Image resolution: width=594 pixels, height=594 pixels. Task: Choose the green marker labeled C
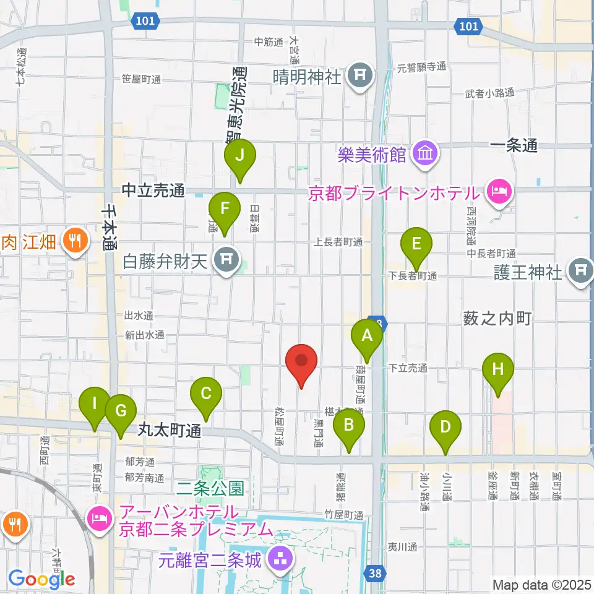206,394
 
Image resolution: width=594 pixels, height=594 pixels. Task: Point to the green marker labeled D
445,428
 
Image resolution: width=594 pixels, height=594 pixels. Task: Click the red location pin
301,361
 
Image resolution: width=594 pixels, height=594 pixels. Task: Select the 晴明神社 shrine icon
361,77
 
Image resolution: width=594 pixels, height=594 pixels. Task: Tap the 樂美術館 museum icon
424,153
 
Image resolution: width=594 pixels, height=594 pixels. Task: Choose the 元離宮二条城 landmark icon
280,560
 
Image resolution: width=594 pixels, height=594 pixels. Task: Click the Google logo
42,579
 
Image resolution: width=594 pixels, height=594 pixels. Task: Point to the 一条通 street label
513,147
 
